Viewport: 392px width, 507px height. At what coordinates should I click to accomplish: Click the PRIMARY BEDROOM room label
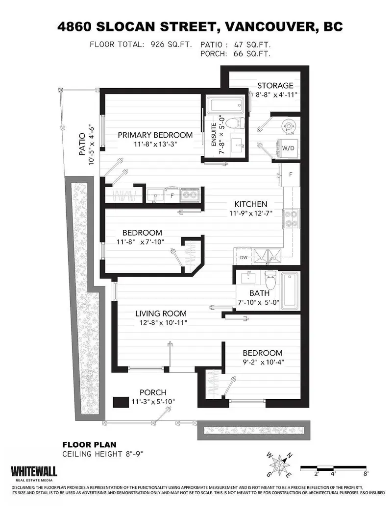tap(154, 135)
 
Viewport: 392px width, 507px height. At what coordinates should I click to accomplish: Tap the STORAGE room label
tap(276, 85)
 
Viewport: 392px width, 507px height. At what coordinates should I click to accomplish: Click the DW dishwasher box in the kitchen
tap(244, 257)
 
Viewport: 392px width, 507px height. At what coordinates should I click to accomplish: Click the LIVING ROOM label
tap(161, 314)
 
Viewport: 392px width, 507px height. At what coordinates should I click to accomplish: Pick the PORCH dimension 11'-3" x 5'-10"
tap(153, 402)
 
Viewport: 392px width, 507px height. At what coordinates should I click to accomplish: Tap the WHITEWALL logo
tap(34, 472)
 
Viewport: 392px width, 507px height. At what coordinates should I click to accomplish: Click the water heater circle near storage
tap(288, 126)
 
